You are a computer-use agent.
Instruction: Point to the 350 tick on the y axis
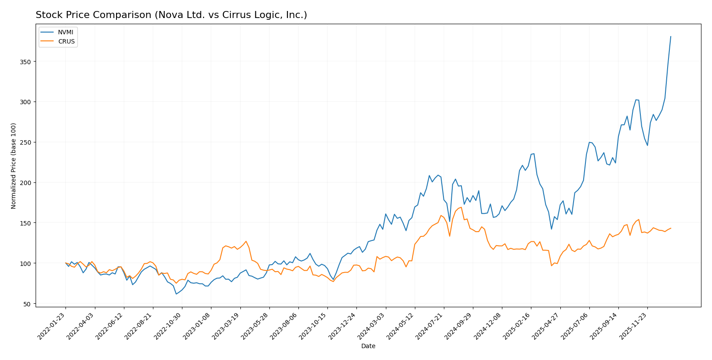tap(26, 62)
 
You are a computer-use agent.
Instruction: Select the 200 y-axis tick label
tap(26, 182)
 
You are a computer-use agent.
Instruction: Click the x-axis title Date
tap(368, 346)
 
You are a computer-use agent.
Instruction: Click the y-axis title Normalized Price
tap(14, 166)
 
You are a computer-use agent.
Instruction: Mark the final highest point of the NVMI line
tap(671, 36)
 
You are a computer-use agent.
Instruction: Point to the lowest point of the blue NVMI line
tap(176, 294)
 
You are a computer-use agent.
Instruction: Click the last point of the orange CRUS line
tap(671, 228)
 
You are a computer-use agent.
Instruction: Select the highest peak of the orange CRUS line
tap(461, 207)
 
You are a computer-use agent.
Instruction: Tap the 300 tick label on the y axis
tap(26, 102)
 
